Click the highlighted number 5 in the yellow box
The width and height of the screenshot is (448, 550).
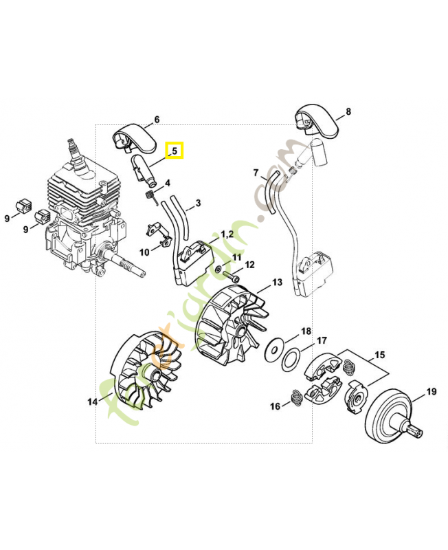point(175,150)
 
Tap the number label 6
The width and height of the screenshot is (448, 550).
point(157,120)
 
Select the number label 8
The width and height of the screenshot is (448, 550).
point(348,111)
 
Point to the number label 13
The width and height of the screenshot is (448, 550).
point(277,282)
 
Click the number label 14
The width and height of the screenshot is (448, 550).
point(92,401)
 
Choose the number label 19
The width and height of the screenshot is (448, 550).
point(431,392)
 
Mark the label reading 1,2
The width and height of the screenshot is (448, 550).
point(227,234)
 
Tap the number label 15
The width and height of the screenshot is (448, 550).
point(379,355)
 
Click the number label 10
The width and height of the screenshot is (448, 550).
point(144,252)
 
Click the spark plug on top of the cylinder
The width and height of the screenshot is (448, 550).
point(72,151)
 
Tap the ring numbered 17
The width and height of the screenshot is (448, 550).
point(292,358)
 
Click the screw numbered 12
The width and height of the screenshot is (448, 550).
point(231,278)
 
